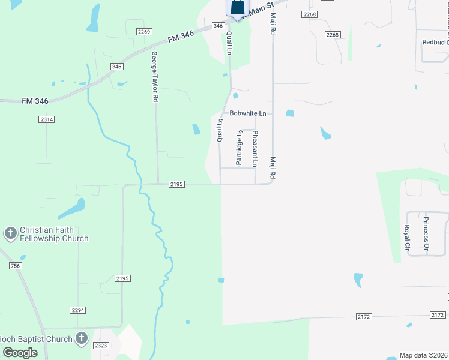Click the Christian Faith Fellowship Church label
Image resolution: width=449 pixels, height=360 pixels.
pos(53,234)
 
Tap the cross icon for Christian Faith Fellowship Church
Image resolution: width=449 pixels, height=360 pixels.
pos(10,233)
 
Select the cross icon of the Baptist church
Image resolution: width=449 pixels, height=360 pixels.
pos(82,338)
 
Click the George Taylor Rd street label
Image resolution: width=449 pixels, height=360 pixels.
pos(155,76)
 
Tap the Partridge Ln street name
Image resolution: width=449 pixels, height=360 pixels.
pos(239,147)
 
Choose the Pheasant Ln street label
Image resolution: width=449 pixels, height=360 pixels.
pos(255,148)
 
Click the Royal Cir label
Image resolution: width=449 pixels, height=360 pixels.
pos(406,237)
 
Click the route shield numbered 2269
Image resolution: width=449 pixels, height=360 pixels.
pos(144,32)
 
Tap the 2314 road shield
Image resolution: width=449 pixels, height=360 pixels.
pos(46,120)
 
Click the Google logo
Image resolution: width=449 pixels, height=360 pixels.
pos(20,353)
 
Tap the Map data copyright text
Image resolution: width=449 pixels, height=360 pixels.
pos(424,355)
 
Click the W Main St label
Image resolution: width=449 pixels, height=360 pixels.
pos(259,8)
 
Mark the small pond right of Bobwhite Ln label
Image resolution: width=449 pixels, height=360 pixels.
pos(291,113)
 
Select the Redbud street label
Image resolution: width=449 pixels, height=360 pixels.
pos(435,42)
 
